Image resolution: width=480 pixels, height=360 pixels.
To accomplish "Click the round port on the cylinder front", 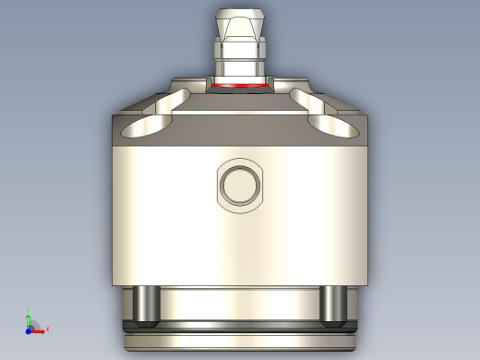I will point(240,186).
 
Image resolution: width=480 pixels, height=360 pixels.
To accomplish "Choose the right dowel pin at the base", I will point(333,306).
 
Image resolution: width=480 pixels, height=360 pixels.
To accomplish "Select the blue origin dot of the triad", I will point(29,330).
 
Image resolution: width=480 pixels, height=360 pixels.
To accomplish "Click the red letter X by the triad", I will point(47,330).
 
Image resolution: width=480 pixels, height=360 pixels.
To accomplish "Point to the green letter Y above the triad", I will point(29,311).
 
